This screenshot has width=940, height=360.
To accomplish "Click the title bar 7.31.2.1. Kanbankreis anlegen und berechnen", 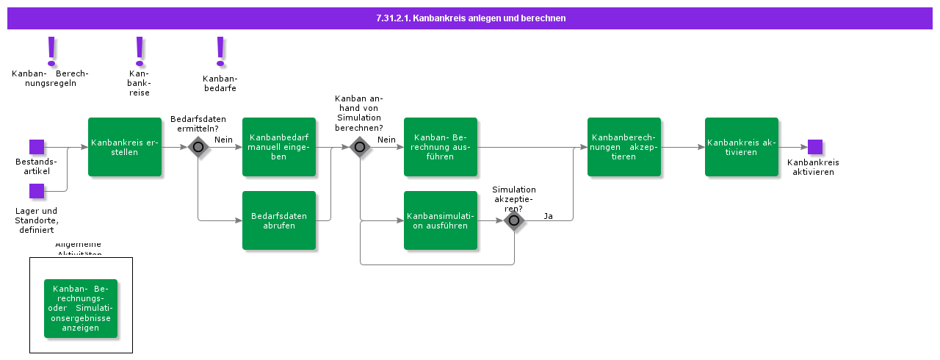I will (470, 18).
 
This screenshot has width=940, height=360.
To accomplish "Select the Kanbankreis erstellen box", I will (125, 147).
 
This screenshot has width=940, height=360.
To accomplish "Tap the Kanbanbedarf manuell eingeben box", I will (279, 147).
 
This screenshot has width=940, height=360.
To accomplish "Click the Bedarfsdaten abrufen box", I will (279, 220).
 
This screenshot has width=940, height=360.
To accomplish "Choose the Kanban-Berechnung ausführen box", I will (441, 147).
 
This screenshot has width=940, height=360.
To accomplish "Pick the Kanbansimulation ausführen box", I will (441, 220).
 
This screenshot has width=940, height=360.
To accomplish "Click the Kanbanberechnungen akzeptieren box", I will (624, 147).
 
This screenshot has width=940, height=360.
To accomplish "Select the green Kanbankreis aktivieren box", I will (742, 147).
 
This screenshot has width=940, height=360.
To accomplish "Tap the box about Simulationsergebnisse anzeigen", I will (81, 309).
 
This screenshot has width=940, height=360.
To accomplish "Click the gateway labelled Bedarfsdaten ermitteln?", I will (198, 147).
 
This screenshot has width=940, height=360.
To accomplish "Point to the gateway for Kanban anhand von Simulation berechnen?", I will (360, 147).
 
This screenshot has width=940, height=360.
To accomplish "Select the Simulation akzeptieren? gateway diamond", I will (514, 220).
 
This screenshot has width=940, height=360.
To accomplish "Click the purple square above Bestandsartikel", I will (37, 147).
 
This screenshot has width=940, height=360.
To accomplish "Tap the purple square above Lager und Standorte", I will (37, 191).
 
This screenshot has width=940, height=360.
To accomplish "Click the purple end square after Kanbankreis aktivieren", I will (815, 147).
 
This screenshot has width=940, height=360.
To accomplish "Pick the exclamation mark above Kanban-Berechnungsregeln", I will (51, 51).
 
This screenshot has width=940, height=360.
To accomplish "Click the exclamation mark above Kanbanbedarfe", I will (220, 51).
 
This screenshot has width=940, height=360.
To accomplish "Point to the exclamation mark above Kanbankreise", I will (140, 51).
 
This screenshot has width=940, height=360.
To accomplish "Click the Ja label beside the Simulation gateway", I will (549, 216).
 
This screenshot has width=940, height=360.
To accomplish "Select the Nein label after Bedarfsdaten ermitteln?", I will (223, 140).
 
